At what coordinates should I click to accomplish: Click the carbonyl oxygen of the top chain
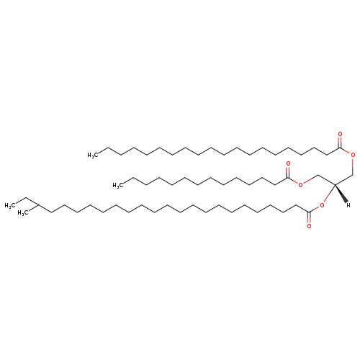pos(340,134)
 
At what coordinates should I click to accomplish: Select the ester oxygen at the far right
pos(353,155)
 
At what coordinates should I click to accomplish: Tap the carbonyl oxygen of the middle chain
pos(288,163)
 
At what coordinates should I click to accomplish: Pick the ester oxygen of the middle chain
pos(300,184)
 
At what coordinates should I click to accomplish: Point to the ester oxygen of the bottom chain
pos(322,205)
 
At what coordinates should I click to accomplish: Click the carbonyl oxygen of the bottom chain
pos(309,226)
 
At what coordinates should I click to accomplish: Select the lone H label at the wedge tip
pos(348,205)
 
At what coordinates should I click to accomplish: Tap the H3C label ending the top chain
pos(93,156)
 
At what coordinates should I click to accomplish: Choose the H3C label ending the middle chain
pos(118,185)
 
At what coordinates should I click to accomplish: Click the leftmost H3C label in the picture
pos(10,206)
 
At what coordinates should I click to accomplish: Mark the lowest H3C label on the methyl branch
pos(23,213)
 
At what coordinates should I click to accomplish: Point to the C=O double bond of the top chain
pos(339,143)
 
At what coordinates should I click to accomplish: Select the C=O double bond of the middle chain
pos(288,172)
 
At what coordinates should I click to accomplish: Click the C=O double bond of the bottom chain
pos(309,217)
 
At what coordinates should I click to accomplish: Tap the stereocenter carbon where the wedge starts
pos(335,184)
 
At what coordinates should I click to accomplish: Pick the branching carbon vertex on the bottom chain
pos(39,205)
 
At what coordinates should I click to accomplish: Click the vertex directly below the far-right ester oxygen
pos(353,175)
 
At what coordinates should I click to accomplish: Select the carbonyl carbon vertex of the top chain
pos(339,148)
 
